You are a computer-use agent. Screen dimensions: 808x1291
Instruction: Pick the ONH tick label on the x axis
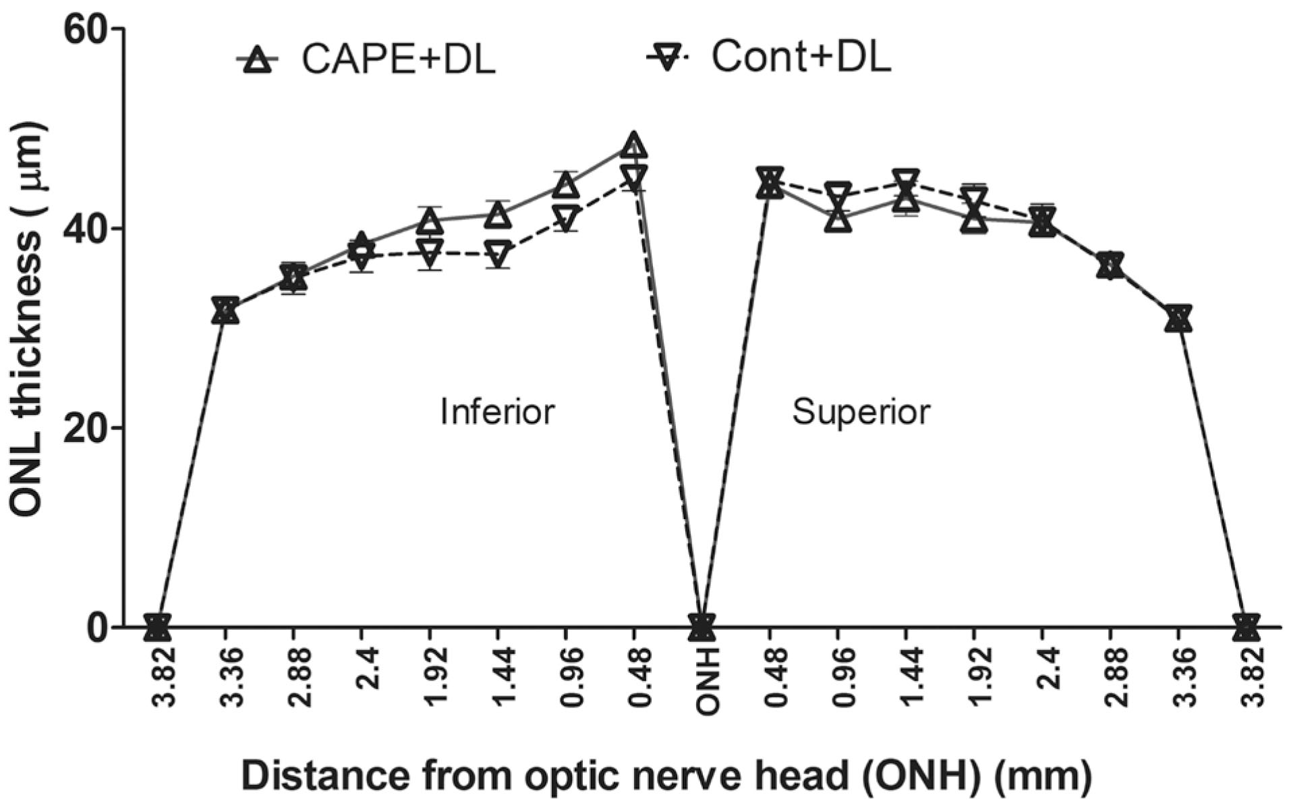[707, 678]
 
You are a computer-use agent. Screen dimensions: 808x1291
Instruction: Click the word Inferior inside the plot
[497, 411]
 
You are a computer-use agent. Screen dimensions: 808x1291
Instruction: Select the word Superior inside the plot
[861, 411]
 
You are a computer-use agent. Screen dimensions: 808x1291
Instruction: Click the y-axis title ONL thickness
[28, 320]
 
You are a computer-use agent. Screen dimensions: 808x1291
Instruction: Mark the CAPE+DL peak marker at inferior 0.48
[633, 145]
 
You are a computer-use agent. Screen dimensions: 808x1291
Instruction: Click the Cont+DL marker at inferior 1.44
[498, 253]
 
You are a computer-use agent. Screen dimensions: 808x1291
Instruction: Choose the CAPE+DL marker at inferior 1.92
[430, 220]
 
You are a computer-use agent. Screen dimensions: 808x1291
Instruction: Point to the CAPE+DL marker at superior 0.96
[838, 219]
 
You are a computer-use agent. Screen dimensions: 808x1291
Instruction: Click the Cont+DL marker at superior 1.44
[906, 182]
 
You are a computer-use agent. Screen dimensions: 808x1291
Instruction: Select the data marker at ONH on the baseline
[701, 626]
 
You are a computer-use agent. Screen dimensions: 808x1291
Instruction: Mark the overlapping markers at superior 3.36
[1178, 318]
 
